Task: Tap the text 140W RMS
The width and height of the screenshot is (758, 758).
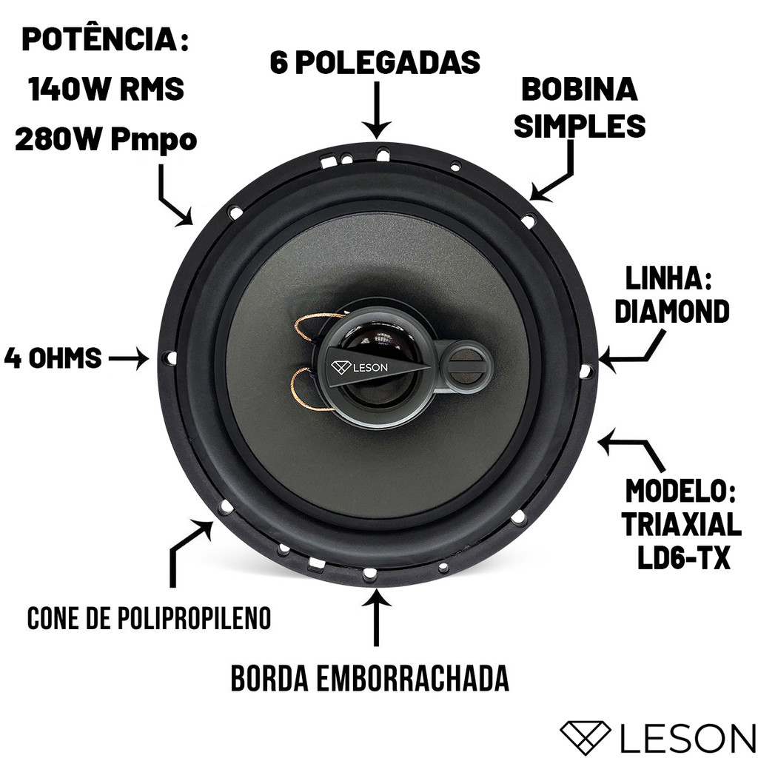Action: (106, 89)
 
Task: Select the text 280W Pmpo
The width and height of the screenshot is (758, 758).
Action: (106, 140)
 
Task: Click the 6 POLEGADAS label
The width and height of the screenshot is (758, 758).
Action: (375, 62)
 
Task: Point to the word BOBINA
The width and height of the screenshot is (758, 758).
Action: (579, 90)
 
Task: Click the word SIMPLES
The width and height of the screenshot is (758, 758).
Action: (579, 126)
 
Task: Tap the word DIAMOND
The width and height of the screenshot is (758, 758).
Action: (671, 311)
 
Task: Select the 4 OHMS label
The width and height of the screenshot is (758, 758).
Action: (53, 359)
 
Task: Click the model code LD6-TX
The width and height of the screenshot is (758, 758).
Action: (683, 558)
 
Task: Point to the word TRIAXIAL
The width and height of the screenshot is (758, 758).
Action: (681, 525)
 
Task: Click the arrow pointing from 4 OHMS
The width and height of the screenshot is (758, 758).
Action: (128, 359)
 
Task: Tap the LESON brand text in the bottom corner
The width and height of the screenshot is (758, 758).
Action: (686, 738)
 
